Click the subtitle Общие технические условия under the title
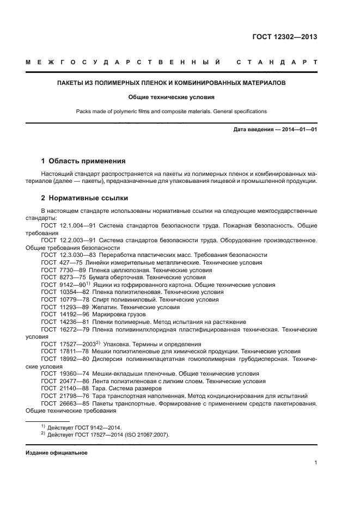171,97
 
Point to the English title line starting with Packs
171,111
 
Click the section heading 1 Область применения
83,161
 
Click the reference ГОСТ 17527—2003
68,344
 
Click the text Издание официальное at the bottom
56,453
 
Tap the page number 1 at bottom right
315,463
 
